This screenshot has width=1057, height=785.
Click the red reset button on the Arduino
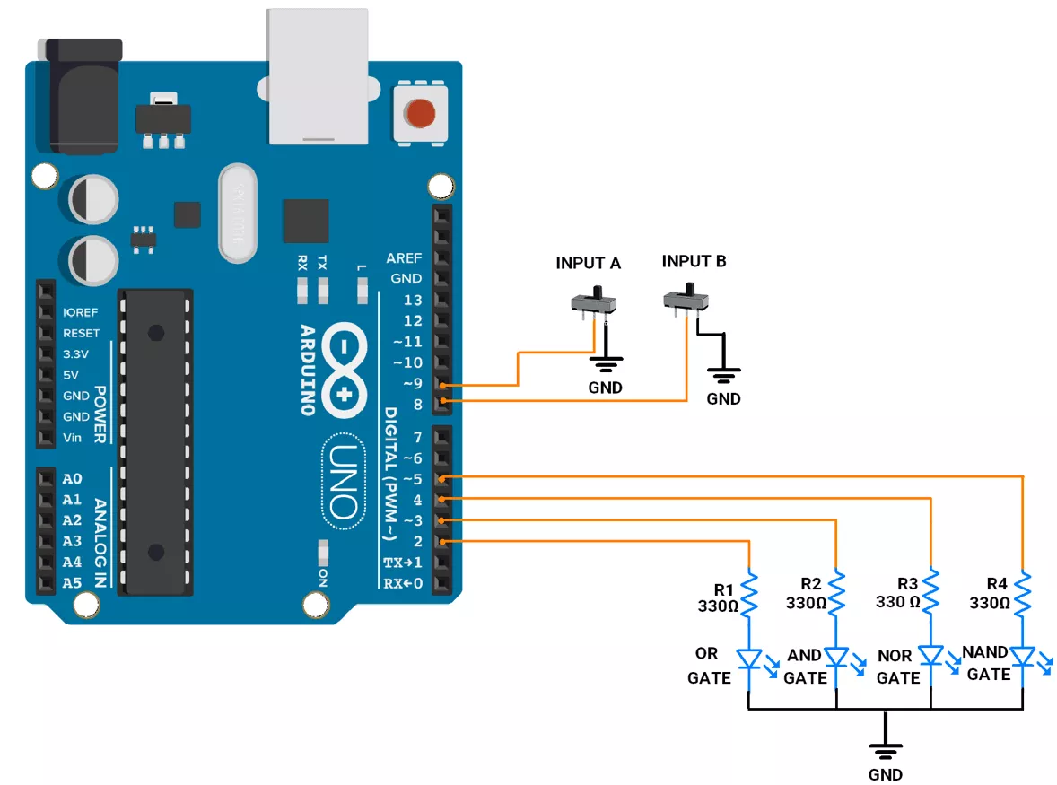419,114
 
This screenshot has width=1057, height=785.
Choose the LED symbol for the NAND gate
1023,659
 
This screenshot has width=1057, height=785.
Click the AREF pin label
404,258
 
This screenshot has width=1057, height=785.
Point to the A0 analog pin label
72,479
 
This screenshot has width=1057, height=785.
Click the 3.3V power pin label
76,354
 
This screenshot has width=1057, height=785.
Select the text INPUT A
588,264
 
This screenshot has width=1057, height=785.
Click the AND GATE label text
805,667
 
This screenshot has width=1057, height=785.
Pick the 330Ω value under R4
991,603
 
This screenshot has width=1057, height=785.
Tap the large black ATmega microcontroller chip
157,441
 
